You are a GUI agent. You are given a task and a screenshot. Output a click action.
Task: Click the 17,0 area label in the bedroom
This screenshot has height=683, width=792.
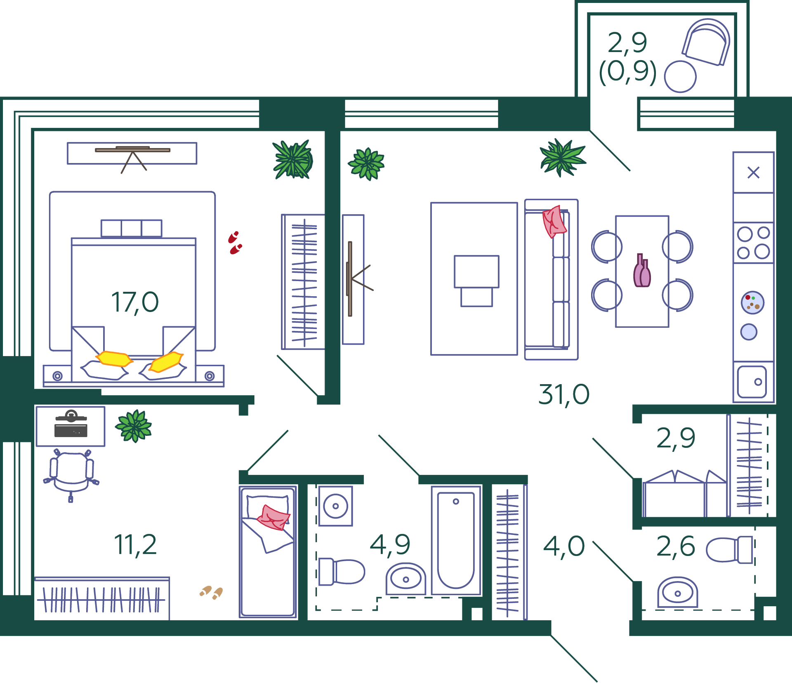(x=135, y=303)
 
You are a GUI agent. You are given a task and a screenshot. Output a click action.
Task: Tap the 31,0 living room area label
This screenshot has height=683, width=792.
(x=564, y=395)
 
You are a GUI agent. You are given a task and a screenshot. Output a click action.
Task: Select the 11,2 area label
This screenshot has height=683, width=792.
(x=135, y=545)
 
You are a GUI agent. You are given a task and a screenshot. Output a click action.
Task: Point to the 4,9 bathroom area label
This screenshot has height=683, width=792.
(x=390, y=545)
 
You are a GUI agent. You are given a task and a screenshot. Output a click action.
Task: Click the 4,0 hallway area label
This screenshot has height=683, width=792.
(x=564, y=546)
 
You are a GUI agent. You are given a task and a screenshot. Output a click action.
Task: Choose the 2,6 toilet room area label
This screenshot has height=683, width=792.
(x=676, y=546)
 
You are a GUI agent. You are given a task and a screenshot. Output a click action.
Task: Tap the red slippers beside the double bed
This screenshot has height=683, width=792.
(x=235, y=243)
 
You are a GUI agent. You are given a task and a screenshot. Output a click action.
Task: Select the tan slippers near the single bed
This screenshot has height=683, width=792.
(x=211, y=593)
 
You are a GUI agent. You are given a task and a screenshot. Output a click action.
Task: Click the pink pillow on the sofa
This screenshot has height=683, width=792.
(x=554, y=222)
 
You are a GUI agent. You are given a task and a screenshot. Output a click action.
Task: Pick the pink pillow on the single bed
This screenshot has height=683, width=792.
(x=273, y=518)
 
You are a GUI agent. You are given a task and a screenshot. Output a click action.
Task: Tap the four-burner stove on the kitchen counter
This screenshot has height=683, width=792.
(x=753, y=243)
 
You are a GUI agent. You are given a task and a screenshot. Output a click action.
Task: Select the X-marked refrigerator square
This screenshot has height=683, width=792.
(x=753, y=173)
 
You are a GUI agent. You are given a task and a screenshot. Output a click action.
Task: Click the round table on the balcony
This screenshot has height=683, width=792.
(x=680, y=77)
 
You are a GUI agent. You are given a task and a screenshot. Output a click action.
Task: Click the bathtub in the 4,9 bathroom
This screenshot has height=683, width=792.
(x=456, y=540)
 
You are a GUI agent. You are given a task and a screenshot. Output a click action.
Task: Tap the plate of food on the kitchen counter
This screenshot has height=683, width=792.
(x=752, y=303)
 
